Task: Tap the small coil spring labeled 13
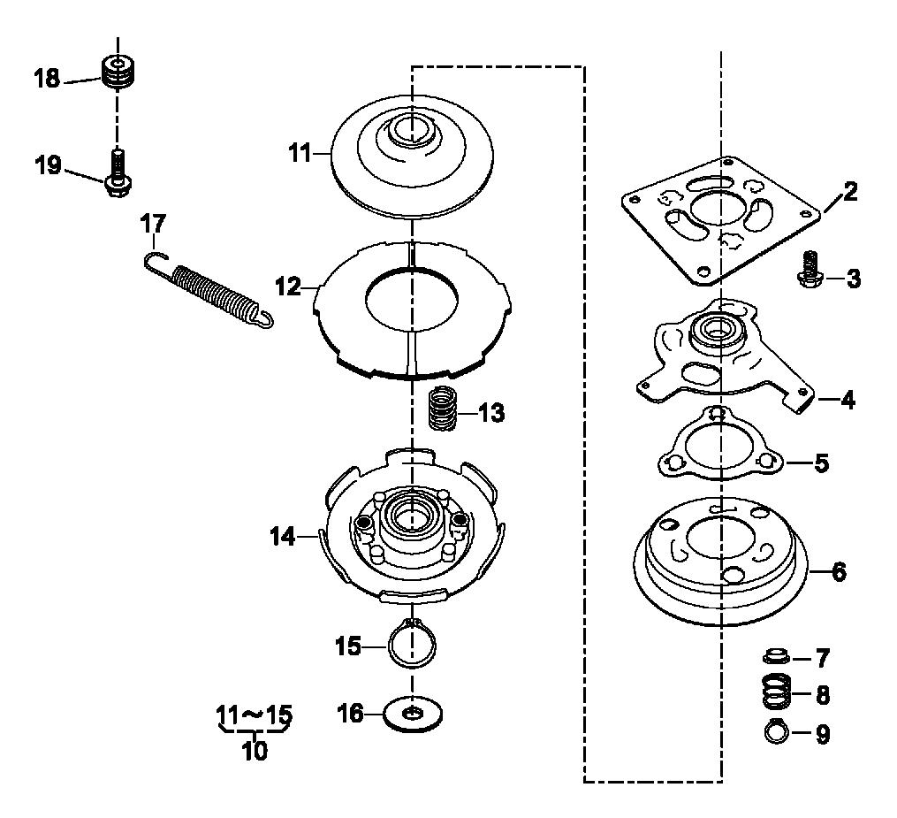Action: pos(444,409)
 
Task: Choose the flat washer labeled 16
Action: pos(413,714)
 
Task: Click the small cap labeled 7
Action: pos(776,655)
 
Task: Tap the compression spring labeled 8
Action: pos(776,691)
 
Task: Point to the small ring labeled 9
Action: pos(776,731)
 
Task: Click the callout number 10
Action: pos(255,751)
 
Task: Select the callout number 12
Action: pos(288,287)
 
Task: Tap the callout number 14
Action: pos(283,537)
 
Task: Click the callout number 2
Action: pos(851,192)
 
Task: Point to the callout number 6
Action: pos(840,571)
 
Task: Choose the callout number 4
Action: pos(847,400)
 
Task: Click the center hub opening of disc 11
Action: pos(410,129)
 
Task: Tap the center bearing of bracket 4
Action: pos(714,331)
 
